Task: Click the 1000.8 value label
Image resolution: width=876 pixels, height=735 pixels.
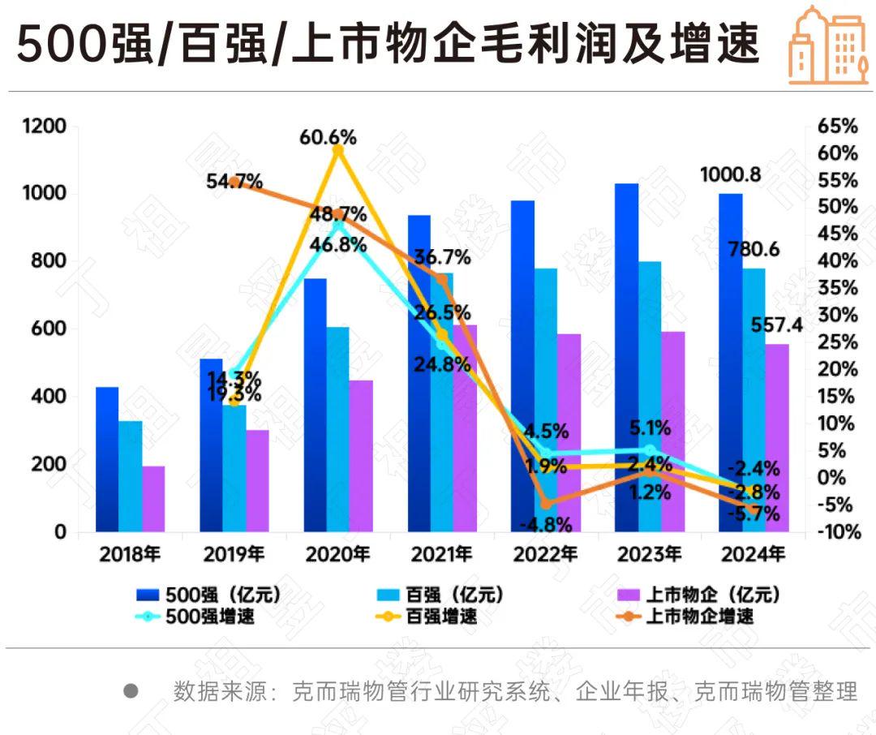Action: (x=729, y=175)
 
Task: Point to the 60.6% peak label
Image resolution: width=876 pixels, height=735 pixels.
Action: (x=328, y=136)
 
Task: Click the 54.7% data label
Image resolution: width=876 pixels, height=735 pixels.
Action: (x=234, y=182)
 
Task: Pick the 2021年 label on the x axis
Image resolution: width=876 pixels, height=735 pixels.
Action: (x=441, y=555)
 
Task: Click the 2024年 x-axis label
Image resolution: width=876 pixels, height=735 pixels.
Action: (x=753, y=555)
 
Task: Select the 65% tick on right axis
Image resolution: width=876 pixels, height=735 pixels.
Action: (x=838, y=127)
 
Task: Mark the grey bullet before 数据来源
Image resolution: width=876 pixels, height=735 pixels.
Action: (x=131, y=691)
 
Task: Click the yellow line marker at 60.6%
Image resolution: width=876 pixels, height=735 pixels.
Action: (x=338, y=150)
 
